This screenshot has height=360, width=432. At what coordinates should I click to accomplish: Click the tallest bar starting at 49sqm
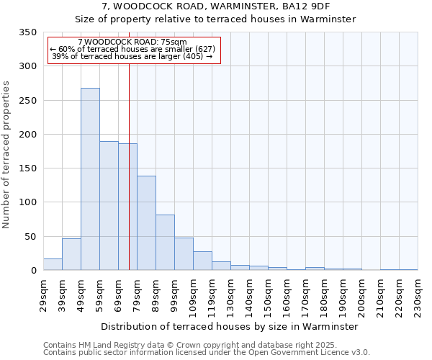click(90, 179)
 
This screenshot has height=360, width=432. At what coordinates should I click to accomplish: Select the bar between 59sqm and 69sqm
click(109, 206)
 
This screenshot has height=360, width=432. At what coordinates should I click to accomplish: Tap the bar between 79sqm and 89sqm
click(146, 223)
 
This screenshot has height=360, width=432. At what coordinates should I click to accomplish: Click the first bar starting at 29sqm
click(53, 264)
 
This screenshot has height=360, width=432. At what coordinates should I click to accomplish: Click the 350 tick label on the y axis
click(27, 32)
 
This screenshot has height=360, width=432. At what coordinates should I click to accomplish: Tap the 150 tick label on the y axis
click(27, 168)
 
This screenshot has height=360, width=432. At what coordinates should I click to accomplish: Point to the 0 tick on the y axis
click(33, 271)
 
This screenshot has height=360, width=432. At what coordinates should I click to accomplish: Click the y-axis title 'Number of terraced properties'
click(7, 155)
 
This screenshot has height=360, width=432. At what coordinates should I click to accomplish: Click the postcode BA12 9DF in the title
click(303, 6)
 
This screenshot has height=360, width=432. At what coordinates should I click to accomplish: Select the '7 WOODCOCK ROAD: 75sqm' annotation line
click(132, 42)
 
